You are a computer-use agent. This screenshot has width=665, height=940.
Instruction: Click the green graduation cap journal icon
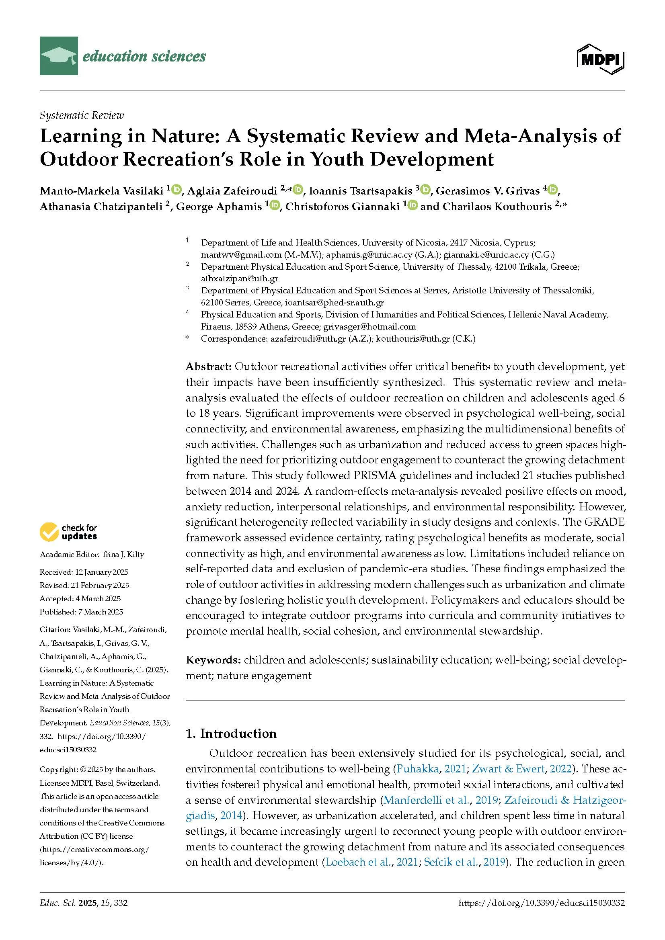click(x=59, y=56)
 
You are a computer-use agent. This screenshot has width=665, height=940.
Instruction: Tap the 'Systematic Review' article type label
click(x=82, y=115)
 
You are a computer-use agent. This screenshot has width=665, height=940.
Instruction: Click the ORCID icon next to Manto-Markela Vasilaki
click(x=177, y=190)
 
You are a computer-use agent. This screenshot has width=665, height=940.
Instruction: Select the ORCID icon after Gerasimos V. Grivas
click(x=553, y=190)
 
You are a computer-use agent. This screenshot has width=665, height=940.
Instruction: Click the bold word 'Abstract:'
click(x=209, y=366)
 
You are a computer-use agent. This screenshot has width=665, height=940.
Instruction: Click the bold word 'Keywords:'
click(x=213, y=659)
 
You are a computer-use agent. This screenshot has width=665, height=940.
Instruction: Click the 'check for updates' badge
click(x=68, y=532)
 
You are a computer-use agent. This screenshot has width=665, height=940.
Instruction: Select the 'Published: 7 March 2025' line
click(x=81, y=612)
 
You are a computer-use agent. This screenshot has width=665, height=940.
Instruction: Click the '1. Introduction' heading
click(x=231, y=733)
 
